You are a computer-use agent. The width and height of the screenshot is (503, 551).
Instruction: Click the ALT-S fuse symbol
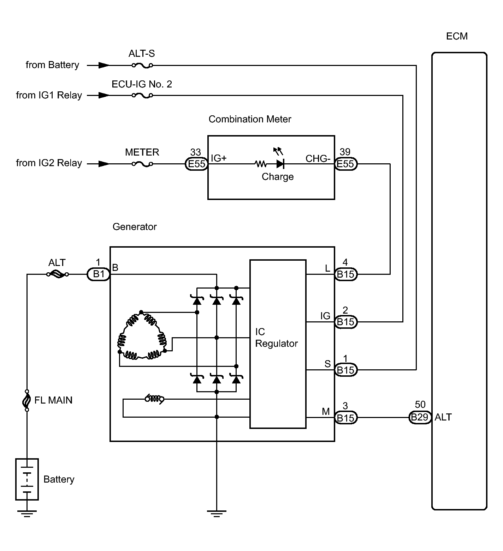(142, 65)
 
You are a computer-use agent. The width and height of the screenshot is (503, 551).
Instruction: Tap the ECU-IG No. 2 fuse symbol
(142, 95)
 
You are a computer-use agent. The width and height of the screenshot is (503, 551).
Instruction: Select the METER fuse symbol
(142, 164)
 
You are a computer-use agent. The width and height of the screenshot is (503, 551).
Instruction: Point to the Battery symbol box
(27, 479)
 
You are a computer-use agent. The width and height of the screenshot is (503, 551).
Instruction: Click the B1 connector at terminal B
(99, 274)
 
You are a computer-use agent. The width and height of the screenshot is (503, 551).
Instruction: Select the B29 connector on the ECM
(420, 418)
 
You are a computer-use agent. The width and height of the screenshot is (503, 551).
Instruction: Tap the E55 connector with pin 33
(196, 164)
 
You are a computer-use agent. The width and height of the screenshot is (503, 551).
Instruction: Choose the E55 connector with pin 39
(346, 164)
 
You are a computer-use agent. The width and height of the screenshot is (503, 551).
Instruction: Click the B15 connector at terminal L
(346, 274)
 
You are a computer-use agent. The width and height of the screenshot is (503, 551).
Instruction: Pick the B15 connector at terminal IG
(346, 322)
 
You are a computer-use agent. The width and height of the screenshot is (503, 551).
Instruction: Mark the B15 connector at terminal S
(346, 370)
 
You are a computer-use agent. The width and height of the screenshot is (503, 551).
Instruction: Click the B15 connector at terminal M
(346, 418)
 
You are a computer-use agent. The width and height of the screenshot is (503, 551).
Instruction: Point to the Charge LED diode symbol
(280, 164)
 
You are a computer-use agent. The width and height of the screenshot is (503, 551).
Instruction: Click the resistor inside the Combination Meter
(261, 164)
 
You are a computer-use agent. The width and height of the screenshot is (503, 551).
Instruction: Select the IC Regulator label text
(276, 338)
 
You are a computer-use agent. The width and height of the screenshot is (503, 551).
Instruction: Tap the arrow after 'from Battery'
(103, 65)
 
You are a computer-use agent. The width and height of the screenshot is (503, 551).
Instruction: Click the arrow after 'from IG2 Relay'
(103, 164)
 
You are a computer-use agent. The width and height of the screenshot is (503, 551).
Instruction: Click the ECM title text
(457, 36)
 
